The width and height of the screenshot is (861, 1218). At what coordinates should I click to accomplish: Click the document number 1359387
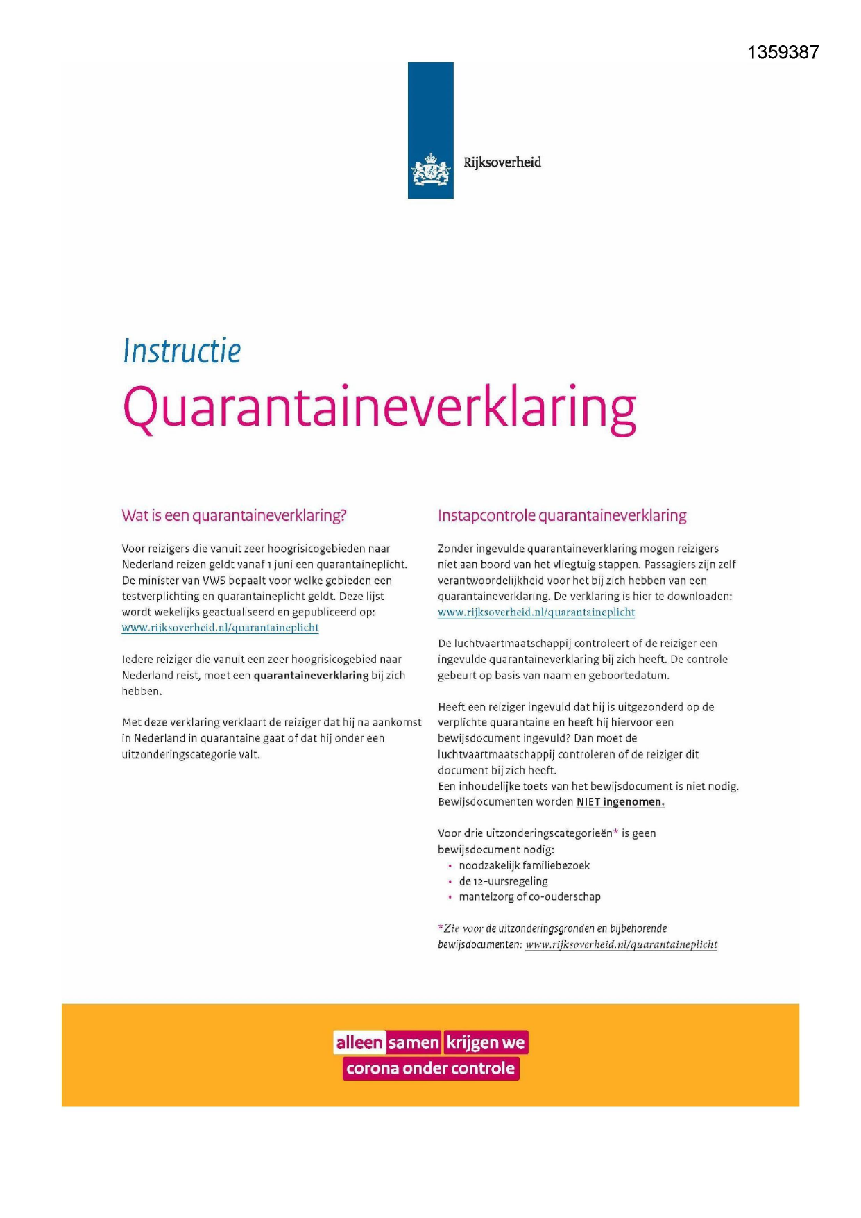[783, 53]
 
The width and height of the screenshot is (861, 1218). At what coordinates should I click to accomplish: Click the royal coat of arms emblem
[430, 170]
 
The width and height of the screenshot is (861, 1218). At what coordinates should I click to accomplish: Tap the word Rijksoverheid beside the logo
[502, 162]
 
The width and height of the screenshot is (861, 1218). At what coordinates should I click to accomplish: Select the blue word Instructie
[182, 351]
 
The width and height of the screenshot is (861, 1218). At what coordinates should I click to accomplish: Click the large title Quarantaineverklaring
[379, 409]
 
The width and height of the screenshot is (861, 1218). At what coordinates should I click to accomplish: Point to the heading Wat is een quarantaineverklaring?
[234, 515]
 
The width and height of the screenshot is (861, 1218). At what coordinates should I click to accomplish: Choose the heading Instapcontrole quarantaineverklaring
[561, 515]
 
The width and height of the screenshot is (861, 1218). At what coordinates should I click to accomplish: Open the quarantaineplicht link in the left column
[220, 628]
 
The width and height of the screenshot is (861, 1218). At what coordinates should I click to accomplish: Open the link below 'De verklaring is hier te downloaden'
[536, 612]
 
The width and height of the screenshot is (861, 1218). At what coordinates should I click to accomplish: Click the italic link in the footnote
[621, 944]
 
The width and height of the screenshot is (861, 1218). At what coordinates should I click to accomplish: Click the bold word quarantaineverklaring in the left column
[311, 675]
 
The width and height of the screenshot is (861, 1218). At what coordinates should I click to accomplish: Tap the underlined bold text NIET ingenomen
[620, 802]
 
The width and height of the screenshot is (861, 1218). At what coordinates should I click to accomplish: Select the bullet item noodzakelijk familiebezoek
[524, 865]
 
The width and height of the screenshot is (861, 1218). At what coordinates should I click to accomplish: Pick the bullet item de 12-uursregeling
[503, 881]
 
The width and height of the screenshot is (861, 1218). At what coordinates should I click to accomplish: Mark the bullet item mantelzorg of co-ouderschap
[529, 896]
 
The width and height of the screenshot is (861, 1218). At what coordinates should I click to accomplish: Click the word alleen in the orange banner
[359, 1042]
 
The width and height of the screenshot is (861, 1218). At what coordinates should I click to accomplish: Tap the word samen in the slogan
[414, 1042]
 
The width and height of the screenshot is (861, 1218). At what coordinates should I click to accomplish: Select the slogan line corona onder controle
[430, 1068]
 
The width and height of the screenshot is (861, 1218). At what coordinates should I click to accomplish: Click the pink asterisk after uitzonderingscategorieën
[615, 832]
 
